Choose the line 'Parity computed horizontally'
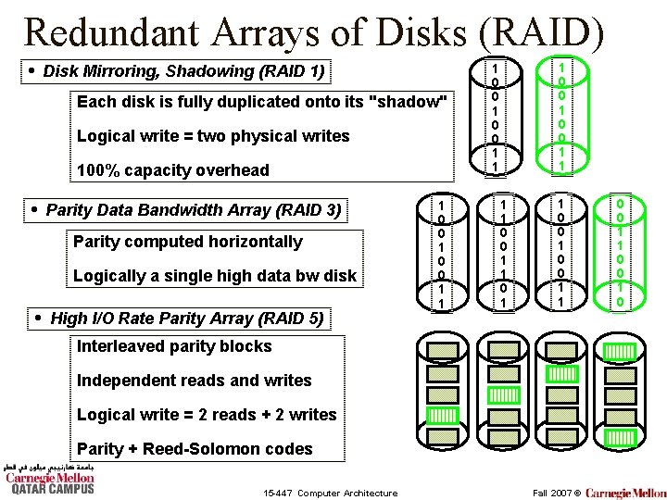[x=188, y=242]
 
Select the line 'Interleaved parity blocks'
[x=175, y=346]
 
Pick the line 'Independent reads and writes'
[x=195, y=381]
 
